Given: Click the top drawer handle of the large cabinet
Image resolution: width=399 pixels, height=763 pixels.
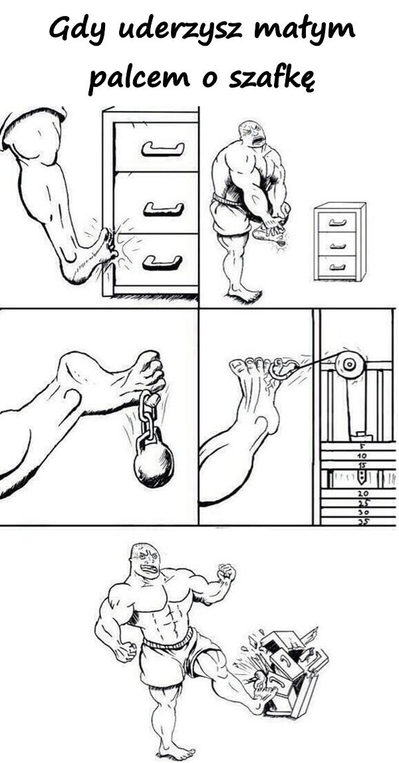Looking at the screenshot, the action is [x=163, y=149].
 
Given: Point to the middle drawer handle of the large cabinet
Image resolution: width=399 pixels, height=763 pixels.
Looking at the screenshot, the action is [x=163, y=209].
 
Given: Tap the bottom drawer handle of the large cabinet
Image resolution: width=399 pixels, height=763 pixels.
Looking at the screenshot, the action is [x=162, y=263].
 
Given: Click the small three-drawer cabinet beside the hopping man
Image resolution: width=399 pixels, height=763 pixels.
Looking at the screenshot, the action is [x=340, y=241].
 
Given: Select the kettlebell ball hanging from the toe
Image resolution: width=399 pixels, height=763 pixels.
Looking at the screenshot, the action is [x=154, y=460].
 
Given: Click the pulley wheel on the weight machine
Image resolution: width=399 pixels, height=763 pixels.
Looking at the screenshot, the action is [x=350, y=364].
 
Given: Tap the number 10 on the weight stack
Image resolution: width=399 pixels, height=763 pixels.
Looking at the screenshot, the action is [x=362, y=456].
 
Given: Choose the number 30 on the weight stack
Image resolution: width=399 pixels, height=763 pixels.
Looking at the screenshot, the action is [x=364, y=512].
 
